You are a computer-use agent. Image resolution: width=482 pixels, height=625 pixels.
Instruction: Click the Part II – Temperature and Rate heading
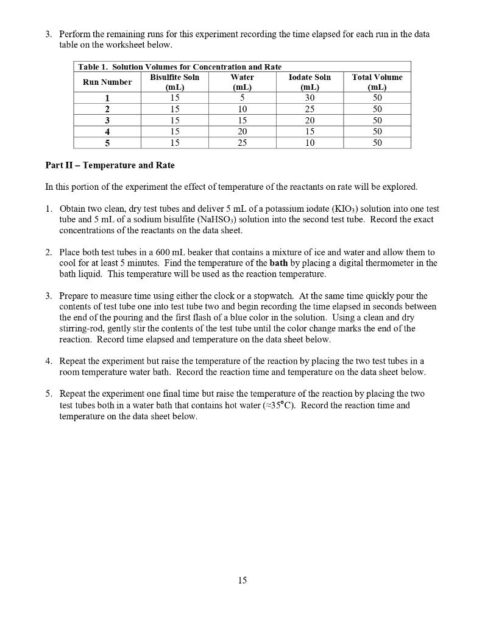click(110, 165)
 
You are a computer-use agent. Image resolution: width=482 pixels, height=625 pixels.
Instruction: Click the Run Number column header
click(107, 82)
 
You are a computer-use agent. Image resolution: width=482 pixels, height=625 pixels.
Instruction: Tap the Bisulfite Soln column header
click(174, 82)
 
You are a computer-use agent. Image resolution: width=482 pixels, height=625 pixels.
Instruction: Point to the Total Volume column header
click(377, 82)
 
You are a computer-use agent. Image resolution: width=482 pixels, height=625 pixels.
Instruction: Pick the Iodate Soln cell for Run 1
click(310, 98)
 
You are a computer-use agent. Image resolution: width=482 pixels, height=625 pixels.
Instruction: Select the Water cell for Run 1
click(242, 98)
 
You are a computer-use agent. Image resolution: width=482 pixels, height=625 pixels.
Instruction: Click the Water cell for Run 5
click(242, 143)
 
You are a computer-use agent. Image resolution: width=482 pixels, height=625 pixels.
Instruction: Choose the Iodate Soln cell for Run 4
click(310, 131)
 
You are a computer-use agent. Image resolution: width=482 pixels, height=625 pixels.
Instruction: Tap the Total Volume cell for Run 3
click(377, 120)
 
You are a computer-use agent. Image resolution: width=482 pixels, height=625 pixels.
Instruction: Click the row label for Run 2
click(107, 109)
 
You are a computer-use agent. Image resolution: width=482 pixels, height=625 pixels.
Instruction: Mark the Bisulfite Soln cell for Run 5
click(174, 143)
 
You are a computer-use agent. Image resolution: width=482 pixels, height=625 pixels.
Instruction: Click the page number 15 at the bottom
click(242, 580)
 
